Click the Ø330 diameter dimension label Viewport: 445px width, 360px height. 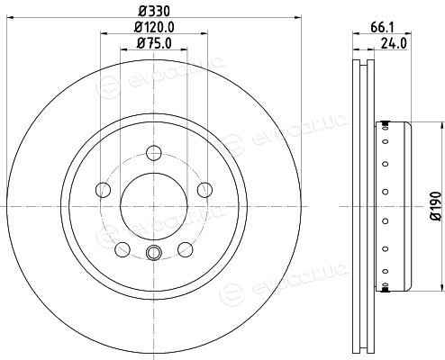(x=154, y=12)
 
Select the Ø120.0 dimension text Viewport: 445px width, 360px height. (x=154, y=27)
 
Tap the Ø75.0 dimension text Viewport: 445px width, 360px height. (x=154, y=43)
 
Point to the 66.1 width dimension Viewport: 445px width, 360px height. (x=382, y=28)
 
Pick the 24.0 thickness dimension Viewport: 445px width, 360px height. (x=394, y=43)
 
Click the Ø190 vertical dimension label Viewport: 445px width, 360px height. (x=437, y=206)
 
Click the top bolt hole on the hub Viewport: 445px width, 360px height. (x=154, y=153)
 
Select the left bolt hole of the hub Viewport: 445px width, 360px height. (x=103, y=190)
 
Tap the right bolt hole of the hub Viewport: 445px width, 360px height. (x=204, y=190)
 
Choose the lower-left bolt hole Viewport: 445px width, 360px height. (x=123, y=249)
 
